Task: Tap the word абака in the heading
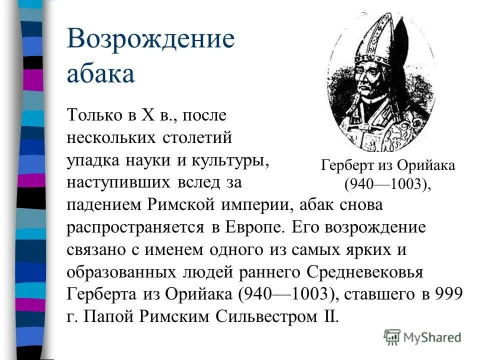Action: point(100,73)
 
